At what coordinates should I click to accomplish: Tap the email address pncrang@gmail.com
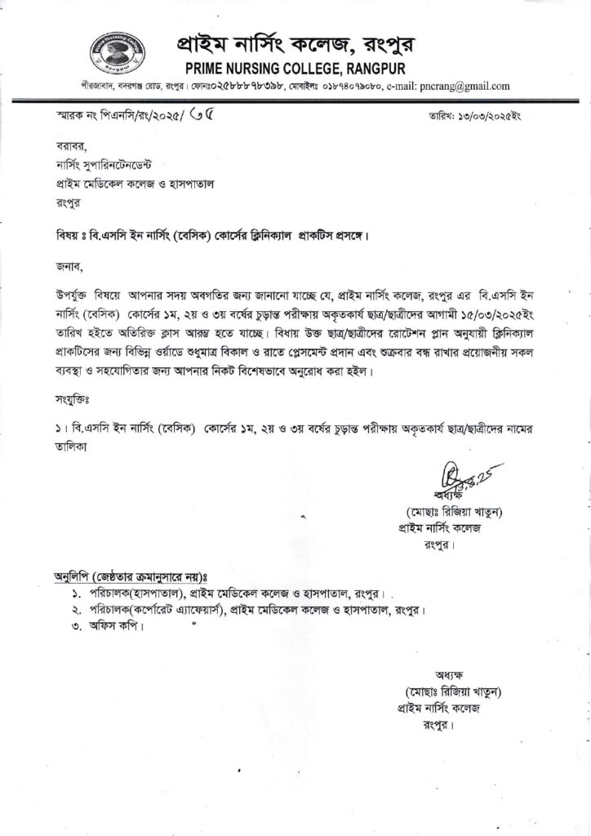point(460,85)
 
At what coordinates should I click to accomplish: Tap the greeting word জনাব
point(59,265)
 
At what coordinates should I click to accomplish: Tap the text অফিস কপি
point(118,629)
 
